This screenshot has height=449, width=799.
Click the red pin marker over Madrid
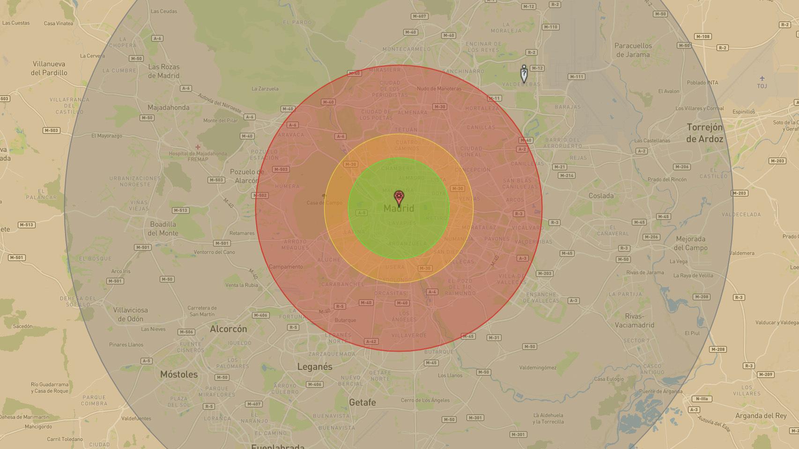(x=399, y=197)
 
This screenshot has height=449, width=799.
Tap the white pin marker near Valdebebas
(x=524, y=74)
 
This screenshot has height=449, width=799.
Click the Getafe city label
(x=363, y=402)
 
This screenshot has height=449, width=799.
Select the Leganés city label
(x=315, y=367)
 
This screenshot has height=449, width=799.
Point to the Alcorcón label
(x=228, y=329)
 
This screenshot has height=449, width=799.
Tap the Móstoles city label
(x=179, y=374)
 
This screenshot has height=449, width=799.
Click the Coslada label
(x=601, y=196)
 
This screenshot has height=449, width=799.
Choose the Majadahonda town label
(x=168, y=107)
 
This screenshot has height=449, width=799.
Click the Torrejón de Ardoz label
(x=704, y=133)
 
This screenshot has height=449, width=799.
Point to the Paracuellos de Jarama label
(x=633, y=50)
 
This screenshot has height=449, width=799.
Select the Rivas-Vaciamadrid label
(x=634, y=320)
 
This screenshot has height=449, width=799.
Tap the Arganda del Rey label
(x=761, y=416)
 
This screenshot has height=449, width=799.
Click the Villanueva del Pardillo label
(x=49, y=68)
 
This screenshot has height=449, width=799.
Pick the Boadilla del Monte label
(x=163, y=228)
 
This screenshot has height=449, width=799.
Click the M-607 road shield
(x=419, y=16)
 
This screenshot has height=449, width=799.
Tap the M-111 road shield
(x=576, y=77)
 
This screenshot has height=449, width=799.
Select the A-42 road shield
(x=371, y=341)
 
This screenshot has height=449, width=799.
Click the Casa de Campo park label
(x=324, y=203)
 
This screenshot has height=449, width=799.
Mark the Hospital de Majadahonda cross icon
(x=198, y=147)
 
